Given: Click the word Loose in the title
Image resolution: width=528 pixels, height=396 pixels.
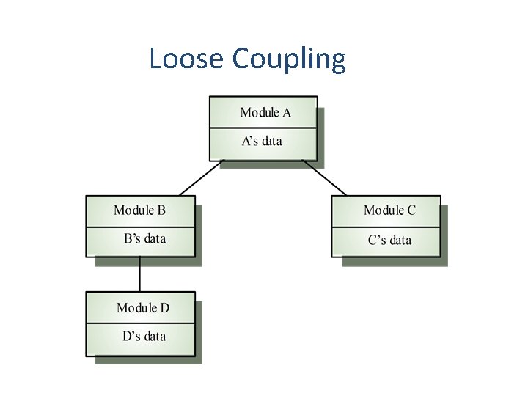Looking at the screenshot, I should pos(188,59).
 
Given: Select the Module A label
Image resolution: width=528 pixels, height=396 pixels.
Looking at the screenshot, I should pos(265,113).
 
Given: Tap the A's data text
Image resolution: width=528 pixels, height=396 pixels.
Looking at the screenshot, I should pos(262,141).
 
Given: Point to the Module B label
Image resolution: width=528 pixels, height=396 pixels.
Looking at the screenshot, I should pos(140,210).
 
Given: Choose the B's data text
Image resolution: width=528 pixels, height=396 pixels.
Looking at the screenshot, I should pos(144,238).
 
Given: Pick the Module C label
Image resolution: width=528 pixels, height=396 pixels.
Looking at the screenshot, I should pos(389,210).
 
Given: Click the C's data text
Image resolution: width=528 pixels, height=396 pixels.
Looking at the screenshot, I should pos(389,240).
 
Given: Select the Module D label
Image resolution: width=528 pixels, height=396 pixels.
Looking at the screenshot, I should pos(143,308).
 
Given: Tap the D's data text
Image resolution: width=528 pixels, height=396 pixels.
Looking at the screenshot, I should pos(144,337).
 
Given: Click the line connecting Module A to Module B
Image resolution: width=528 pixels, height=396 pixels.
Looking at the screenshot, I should pos(199,177).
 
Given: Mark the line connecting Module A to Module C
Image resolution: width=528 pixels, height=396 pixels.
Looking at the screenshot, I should pos(324,177).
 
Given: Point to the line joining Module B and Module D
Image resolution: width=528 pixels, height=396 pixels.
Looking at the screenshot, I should pos(140,274).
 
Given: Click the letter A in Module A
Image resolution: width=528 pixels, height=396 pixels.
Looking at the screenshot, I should pos(286,113).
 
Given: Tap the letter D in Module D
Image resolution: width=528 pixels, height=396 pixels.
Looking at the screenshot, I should pos(164,308).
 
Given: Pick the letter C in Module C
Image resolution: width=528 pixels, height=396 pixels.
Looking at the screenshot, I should pos(411,210).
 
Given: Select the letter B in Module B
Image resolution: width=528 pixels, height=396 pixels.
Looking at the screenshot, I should pos(161,210).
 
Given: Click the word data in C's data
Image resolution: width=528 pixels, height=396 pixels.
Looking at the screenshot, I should pos(400,240).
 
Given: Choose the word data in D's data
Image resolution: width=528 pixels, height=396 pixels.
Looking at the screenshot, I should pos(155,337).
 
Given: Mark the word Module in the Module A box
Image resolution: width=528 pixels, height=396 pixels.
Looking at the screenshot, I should pos(260,113).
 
